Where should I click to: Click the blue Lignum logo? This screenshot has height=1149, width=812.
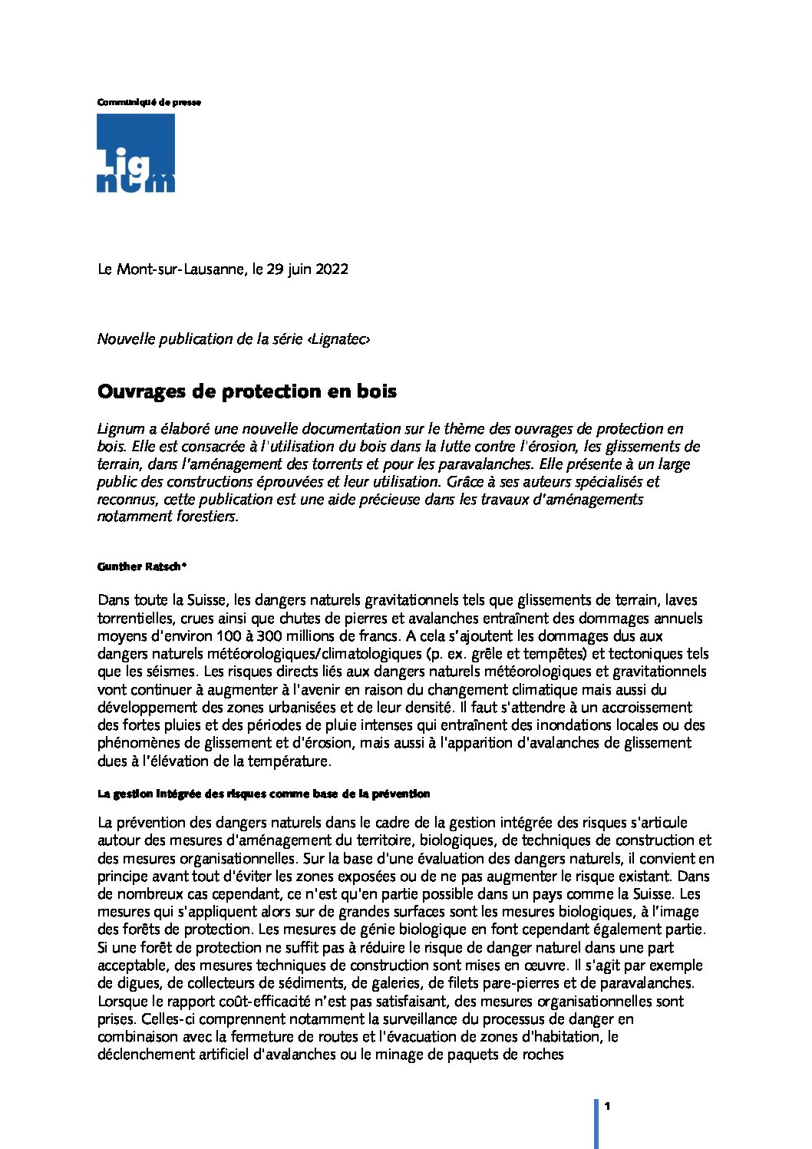[136, 154]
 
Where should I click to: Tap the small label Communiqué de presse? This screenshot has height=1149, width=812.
[149, 102]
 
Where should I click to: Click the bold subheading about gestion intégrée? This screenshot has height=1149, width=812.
[263, 793]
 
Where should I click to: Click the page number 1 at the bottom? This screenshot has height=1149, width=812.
[606, 1106]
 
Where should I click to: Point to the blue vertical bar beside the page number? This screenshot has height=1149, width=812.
[596, 1122]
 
